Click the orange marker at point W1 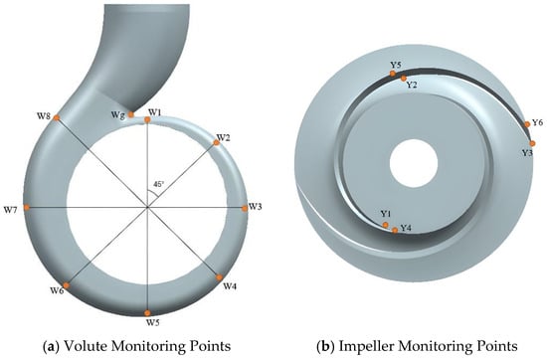147,120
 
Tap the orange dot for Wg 131,114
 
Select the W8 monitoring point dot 57,118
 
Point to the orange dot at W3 245,208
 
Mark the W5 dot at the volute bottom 147,313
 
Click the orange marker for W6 66,285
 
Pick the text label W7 11,210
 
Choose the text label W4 230,286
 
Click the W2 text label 223,137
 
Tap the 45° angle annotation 158,184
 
